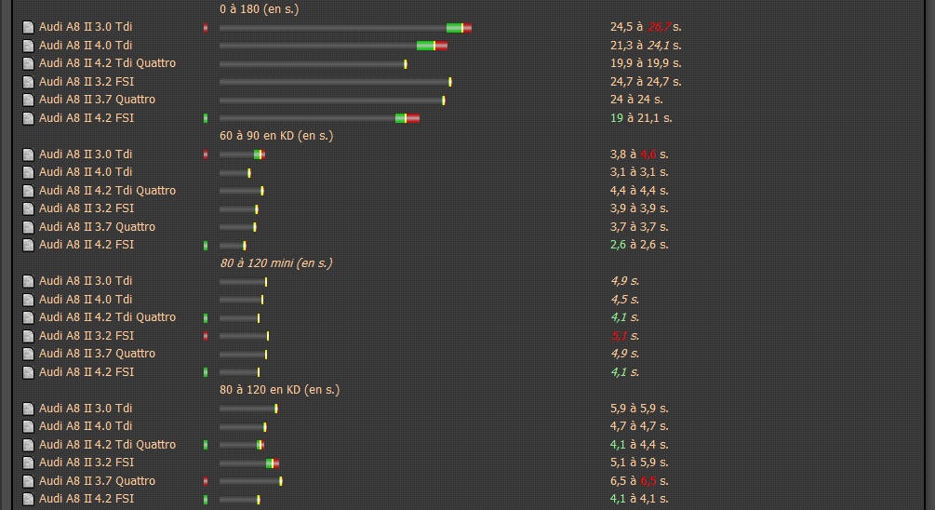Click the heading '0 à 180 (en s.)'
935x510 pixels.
pos(259,8)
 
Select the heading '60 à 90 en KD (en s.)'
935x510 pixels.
pos(275,136)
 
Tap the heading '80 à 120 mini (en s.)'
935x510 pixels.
pos(275,263)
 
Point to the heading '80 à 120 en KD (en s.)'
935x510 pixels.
pos(279,390)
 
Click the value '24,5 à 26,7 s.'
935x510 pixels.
pos(646,27)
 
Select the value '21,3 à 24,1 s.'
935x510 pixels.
pos(646,45)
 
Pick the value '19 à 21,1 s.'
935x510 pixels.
pos(641,118)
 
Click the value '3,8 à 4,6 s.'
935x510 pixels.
pos(639,154)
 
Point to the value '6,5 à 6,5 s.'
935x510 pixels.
pos(639,481)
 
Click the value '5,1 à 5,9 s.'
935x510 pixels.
pos(639,463)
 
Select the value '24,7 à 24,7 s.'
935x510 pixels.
pos(646,82)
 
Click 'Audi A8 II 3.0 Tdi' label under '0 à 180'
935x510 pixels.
pos(86,27)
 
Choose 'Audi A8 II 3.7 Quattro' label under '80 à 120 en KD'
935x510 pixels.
pos(97,481)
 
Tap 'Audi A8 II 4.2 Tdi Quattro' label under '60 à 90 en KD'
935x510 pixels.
pos(107,191)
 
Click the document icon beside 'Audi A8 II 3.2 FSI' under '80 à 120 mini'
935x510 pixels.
pos(28,336)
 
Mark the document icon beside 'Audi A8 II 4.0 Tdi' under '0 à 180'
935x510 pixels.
pos(28,46)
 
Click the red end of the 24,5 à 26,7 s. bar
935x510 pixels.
pos(467,27)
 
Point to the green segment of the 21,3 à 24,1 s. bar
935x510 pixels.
pos(425,46)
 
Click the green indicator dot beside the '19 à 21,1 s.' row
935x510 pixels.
pos(206,118)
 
